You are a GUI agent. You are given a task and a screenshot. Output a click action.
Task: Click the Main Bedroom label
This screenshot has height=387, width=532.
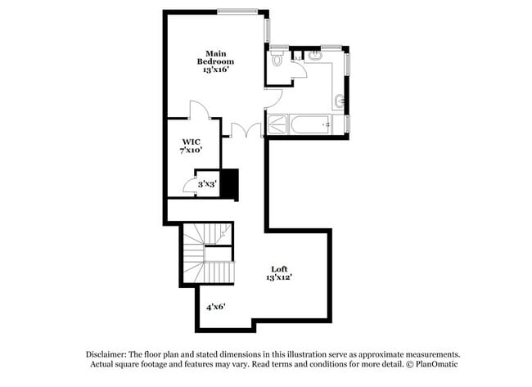pyautogui.click(x=215, y=57)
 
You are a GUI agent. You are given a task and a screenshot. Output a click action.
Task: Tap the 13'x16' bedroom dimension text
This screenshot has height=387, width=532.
pyautogui.click(x=215, y=70)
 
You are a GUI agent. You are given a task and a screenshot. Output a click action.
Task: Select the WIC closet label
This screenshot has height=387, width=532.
pyautogui.click(x=191, y=141)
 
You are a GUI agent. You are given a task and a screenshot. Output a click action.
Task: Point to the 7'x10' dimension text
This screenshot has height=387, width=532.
pyautogui.click(x=191, y=151)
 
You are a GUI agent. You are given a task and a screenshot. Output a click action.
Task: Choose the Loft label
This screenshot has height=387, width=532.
pyautogui.click(x=279, y=268)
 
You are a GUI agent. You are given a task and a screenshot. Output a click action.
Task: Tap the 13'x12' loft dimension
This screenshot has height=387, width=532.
pyautogui.click(x=279, y=278)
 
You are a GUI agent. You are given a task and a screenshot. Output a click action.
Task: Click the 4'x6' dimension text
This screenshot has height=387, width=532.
pyautogui.click(x=215, y=307)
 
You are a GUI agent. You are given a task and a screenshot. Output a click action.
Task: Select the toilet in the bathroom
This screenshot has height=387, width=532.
pyautogui.click(x=277, y=59)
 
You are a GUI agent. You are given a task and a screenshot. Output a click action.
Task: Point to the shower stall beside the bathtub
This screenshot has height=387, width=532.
pyautogui.click(x=277, y=125)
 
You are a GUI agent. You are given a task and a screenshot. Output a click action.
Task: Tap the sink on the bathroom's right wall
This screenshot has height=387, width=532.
pyautogui.click(x=340, y=101)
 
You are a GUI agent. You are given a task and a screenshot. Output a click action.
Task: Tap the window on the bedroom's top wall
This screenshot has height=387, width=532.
pyautogui.click(x=240, y=11)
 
